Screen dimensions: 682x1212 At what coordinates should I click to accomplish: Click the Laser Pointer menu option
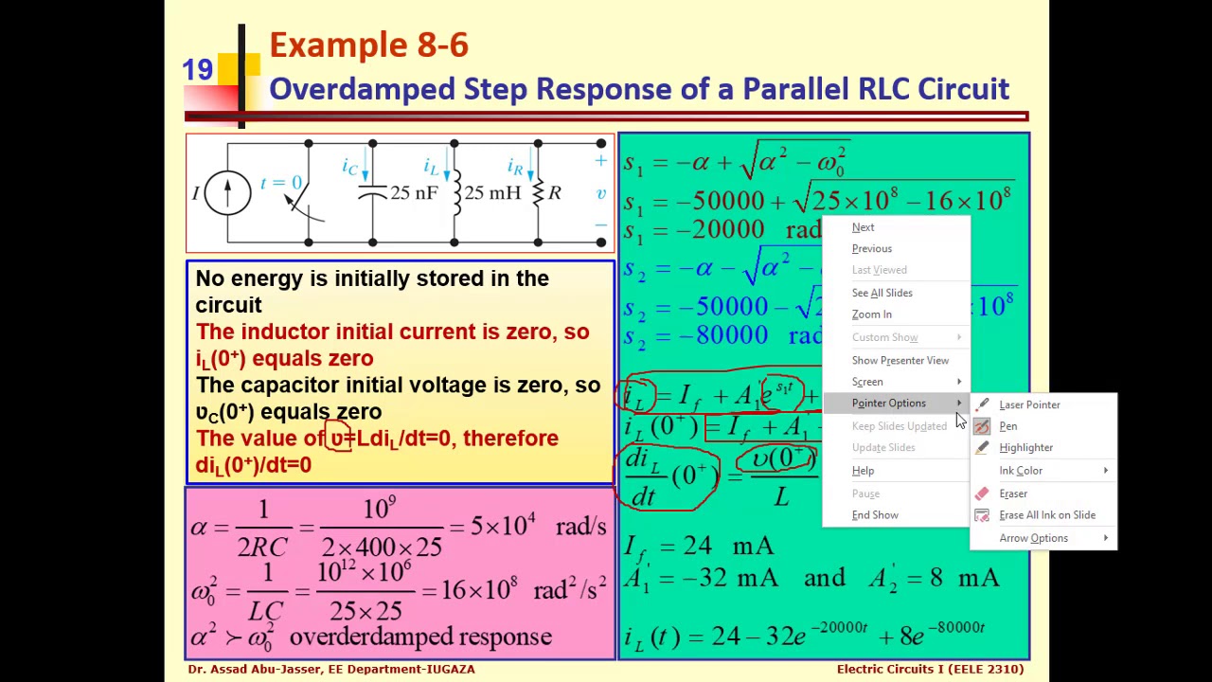click(1028, 404)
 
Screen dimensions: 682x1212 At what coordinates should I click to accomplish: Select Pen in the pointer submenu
click(1007, 426)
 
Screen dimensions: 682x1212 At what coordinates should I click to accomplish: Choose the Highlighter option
click(1025, 447)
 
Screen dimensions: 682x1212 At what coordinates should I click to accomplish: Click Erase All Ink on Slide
click(1046, 515)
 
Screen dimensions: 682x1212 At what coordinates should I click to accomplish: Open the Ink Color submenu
click(1021, 471)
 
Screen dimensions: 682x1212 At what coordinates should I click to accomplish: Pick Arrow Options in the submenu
click(1033, 538)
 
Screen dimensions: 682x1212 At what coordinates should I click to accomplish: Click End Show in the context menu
click(875, 515)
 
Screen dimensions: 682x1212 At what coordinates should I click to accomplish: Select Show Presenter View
click(900, 360)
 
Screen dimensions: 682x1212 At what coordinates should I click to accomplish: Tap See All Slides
click(882, 293)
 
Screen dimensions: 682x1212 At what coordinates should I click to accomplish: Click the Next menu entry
click(863, 227)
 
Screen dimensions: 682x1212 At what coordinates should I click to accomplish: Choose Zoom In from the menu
click(871, 314)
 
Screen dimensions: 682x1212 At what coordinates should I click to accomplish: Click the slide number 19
click(197, 70)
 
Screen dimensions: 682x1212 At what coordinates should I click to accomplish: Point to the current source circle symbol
click(227, 192)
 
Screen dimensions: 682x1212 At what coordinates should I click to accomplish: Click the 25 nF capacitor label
click(414, 193)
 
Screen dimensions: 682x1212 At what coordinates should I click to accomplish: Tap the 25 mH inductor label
click(492, 193)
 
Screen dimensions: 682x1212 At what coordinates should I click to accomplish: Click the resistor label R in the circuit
click(555, 193)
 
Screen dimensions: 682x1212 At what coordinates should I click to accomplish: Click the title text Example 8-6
click(368, 45)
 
